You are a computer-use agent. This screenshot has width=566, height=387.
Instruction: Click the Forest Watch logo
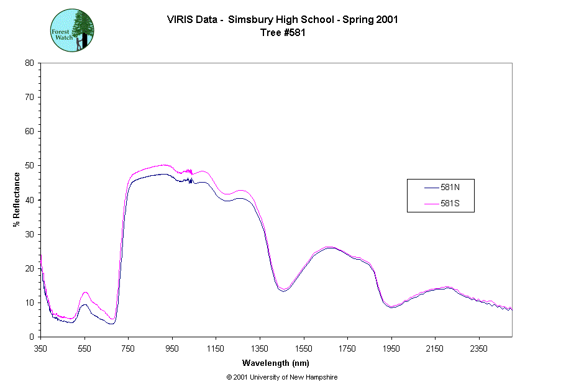[72, 30]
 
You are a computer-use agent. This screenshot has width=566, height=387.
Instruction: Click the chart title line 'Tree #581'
[283, 33]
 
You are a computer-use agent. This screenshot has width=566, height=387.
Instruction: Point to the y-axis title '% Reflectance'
[17, 199]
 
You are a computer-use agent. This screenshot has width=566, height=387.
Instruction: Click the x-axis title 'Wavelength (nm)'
[275, 363]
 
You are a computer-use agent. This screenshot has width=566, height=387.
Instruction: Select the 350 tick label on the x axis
[40, 348]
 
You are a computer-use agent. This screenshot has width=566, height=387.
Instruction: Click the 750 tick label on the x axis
[128, 348]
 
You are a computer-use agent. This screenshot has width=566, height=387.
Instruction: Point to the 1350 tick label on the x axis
[259, 348]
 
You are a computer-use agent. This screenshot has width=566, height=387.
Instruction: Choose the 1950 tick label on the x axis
[391, 348]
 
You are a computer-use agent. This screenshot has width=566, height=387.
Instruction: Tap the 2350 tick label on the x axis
[478, 348]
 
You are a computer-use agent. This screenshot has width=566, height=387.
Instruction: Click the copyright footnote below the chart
[282, 377]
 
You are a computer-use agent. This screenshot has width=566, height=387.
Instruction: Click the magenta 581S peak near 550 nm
[85, 292]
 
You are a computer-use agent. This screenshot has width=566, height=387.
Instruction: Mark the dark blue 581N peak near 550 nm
[85, 304]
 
